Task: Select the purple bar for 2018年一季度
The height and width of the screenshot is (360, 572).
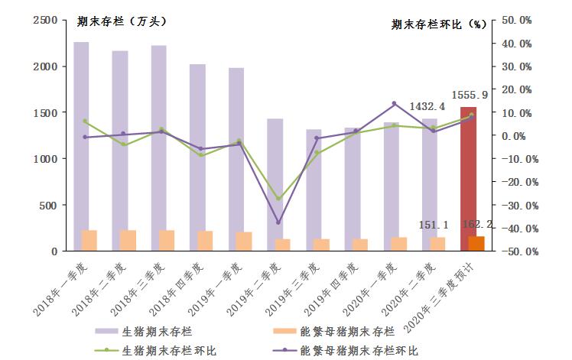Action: coord(81,138)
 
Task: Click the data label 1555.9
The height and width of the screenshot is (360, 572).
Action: coord(475,95)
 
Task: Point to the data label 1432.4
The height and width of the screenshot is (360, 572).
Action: coord(427,107)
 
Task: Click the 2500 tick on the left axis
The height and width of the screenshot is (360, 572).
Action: coord(45,21)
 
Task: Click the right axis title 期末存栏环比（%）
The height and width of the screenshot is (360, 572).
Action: coord(438,24)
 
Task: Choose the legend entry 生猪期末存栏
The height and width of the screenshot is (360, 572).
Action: coord(153,332)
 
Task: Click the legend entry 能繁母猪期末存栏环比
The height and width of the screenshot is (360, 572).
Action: coord(356,350)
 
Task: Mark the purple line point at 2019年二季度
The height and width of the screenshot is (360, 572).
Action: coord(278,222)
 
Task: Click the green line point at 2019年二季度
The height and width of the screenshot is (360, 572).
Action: coord(278,199)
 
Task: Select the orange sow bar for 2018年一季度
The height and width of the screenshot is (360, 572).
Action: coord(89,241)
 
